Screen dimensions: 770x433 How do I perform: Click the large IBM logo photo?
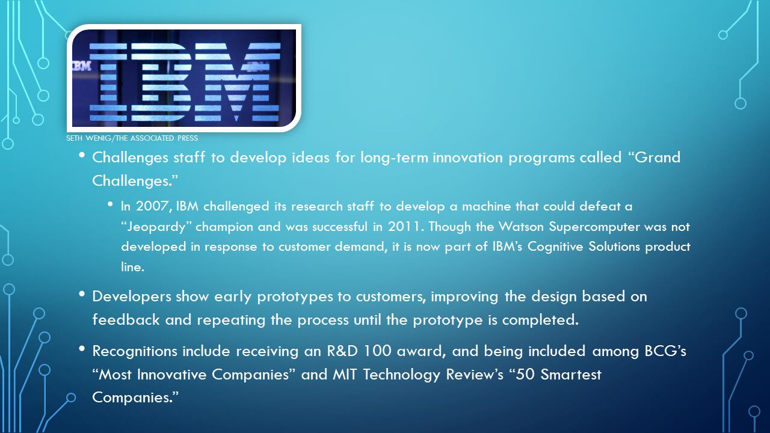click(x=184, y=78)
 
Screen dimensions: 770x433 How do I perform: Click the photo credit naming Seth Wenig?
click(x=132, y=138)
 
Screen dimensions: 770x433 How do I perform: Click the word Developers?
click(x=132, y=296)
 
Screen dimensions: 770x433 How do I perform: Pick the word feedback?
click(x=126, y=319)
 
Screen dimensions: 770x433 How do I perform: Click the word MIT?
click(x=345, y=374)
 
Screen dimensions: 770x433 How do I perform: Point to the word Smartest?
click(x=571, y=374)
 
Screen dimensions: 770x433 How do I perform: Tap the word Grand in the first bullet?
click(x=657, y=158)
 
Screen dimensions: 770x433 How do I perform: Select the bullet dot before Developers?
click(x=82, y=294)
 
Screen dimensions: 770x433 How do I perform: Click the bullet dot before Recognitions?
click(x=82, y=349)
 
